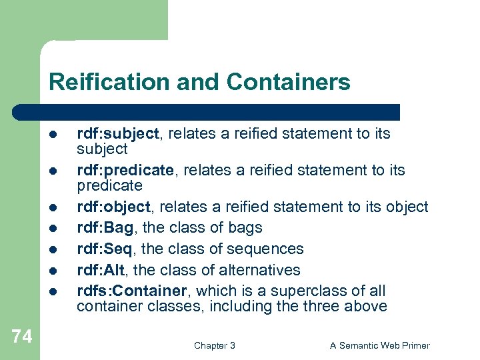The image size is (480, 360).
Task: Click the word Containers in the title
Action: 288,82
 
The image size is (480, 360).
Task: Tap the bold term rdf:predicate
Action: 125,171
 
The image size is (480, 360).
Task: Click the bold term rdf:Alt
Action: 103,271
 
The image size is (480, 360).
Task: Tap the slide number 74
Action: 21,337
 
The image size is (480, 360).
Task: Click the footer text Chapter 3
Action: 214,345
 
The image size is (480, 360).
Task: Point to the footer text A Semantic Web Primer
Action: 380,345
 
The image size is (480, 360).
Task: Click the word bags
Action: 246,228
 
